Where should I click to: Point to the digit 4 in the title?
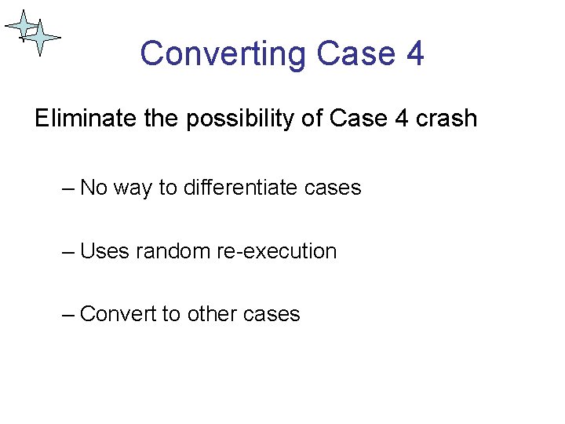415,54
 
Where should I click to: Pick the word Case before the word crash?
359,119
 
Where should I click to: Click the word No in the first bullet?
94,188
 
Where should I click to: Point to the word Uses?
105,251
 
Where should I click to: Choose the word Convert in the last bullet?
118,314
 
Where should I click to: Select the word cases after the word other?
272,314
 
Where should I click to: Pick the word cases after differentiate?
333,188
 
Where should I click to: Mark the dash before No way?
68,188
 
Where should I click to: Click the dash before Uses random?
68,252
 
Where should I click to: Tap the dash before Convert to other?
68,315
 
